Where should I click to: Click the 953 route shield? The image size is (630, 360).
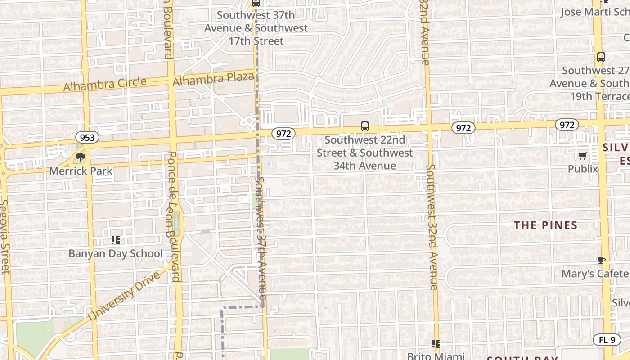tap(87, 137)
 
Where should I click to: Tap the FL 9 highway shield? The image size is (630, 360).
tap(607, 340)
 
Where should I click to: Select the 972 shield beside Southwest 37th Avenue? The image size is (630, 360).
tap(283, 133)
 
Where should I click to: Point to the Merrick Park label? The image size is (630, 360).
tap(81, 171)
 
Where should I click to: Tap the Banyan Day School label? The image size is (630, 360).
tap(116, 253)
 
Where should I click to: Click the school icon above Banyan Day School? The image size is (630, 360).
tap(116, 240)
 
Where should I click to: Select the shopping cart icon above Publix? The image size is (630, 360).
tap(583, 156)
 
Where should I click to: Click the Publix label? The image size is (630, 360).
tap(583, 169)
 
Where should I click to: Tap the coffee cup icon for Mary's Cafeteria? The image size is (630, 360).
tap(601, 260)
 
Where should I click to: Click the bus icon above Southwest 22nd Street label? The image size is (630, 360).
tap(365, 126)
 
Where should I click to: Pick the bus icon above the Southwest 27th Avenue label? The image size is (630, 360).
tap(601, 57)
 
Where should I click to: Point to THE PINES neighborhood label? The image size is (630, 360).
tap(545, 225)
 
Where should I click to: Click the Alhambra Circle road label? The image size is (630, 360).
tap(105, 84)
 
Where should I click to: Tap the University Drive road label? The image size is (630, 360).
tap(124, 296)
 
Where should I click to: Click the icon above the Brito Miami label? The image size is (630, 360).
tap(436, 344)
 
